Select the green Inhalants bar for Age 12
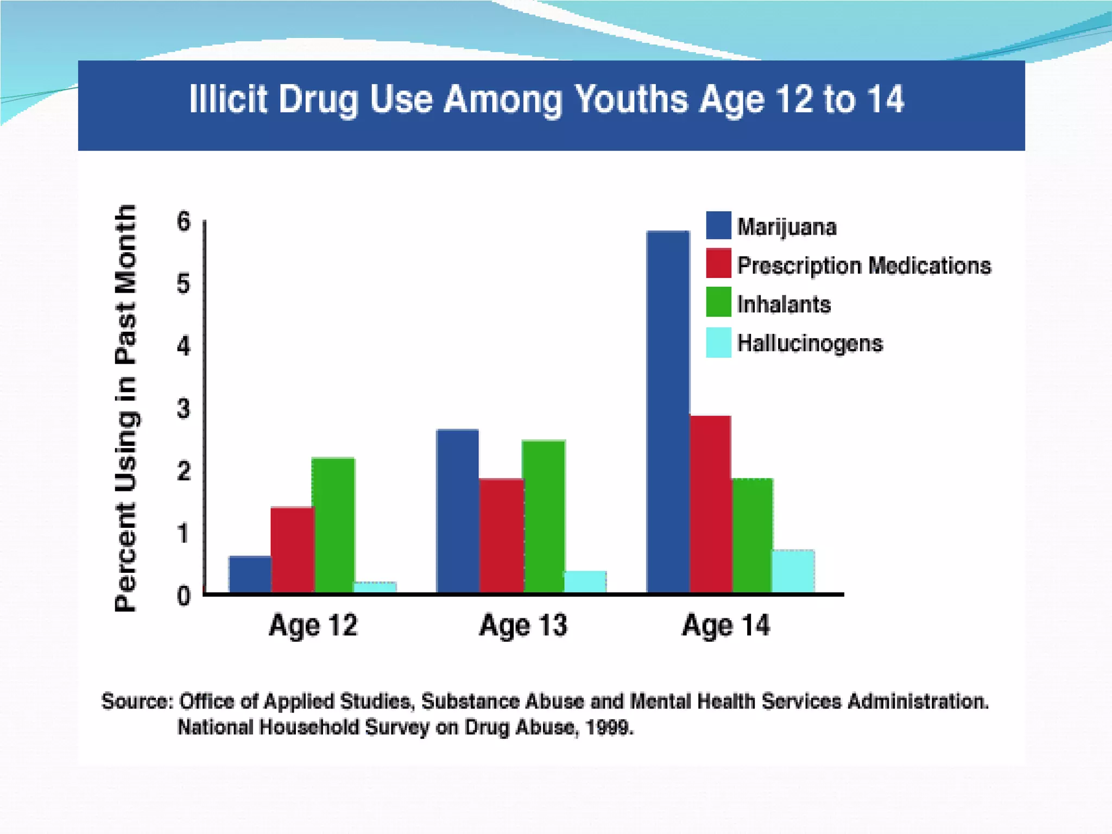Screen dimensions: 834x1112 pos(333,525)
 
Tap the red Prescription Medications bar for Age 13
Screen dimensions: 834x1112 pos(501,535)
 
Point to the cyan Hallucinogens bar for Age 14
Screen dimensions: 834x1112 pos(793,571)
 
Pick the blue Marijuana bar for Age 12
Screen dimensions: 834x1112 pos(250,574)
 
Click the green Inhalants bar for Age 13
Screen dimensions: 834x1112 pos(544,516)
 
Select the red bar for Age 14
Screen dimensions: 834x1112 pos(710,504)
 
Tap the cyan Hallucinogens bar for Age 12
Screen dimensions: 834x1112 pos(375,587)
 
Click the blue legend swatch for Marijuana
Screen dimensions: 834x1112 pos(718,225)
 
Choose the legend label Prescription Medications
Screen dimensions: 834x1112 pos(864,266)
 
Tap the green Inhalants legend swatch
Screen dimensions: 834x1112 pos(718,302)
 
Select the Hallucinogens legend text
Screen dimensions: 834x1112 pos(810,343)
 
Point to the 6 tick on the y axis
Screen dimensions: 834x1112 pos(184,222)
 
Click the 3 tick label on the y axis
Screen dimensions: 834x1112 pos(184,408)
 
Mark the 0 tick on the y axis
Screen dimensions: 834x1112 pos(184,596)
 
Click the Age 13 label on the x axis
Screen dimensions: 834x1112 pos(523,625)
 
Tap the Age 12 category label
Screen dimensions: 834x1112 pos(313,625)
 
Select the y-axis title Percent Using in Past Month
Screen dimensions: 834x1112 pos(125,408)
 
